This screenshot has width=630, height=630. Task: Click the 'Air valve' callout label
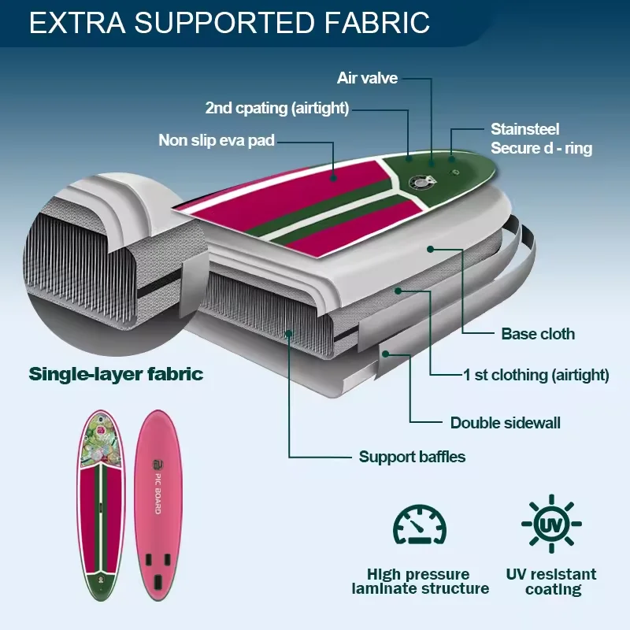[367, 78]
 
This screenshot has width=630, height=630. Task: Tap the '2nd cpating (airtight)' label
[276, 108]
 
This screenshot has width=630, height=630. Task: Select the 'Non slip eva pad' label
[216, 141]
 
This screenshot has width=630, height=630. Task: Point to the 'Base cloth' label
[538, 334]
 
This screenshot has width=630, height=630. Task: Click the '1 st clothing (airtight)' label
[535, 376]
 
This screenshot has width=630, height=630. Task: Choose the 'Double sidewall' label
[505, 423]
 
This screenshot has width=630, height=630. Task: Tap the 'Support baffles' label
[412, 457]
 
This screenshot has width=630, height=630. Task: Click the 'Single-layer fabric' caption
[116, 373]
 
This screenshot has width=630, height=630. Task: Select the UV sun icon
[550, 524]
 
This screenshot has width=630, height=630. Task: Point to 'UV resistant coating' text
[550, 582]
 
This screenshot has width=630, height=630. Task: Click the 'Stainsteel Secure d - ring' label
[541, 138]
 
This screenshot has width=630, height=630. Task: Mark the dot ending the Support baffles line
[289, 334]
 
